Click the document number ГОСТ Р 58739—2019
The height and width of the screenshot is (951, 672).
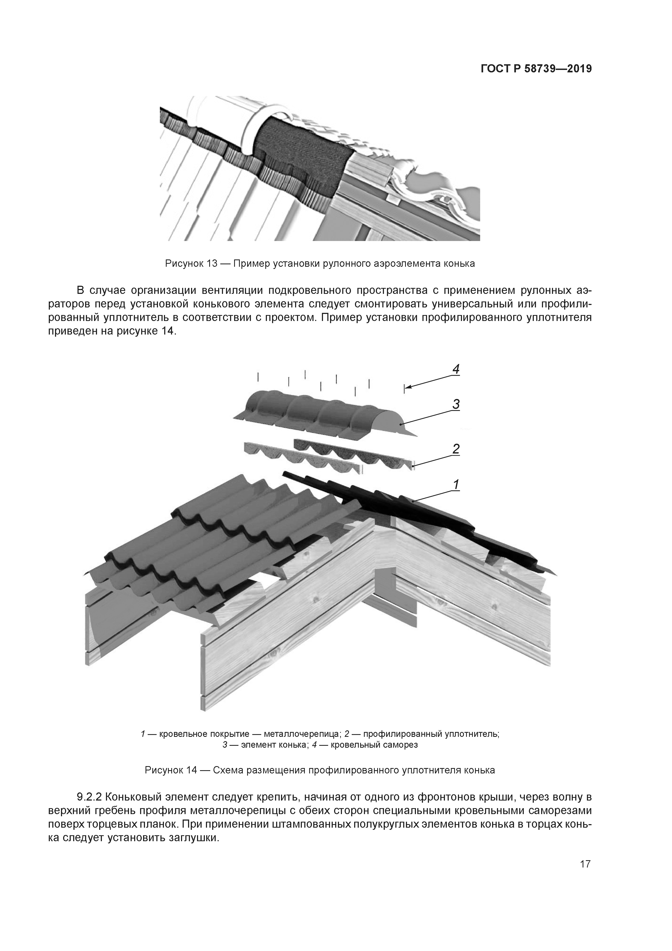536,69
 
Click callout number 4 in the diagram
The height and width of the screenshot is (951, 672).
456,369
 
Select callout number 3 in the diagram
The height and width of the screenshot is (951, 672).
455,404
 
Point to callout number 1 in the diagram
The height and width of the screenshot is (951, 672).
456,484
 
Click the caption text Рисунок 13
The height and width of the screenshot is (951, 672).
191,264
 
